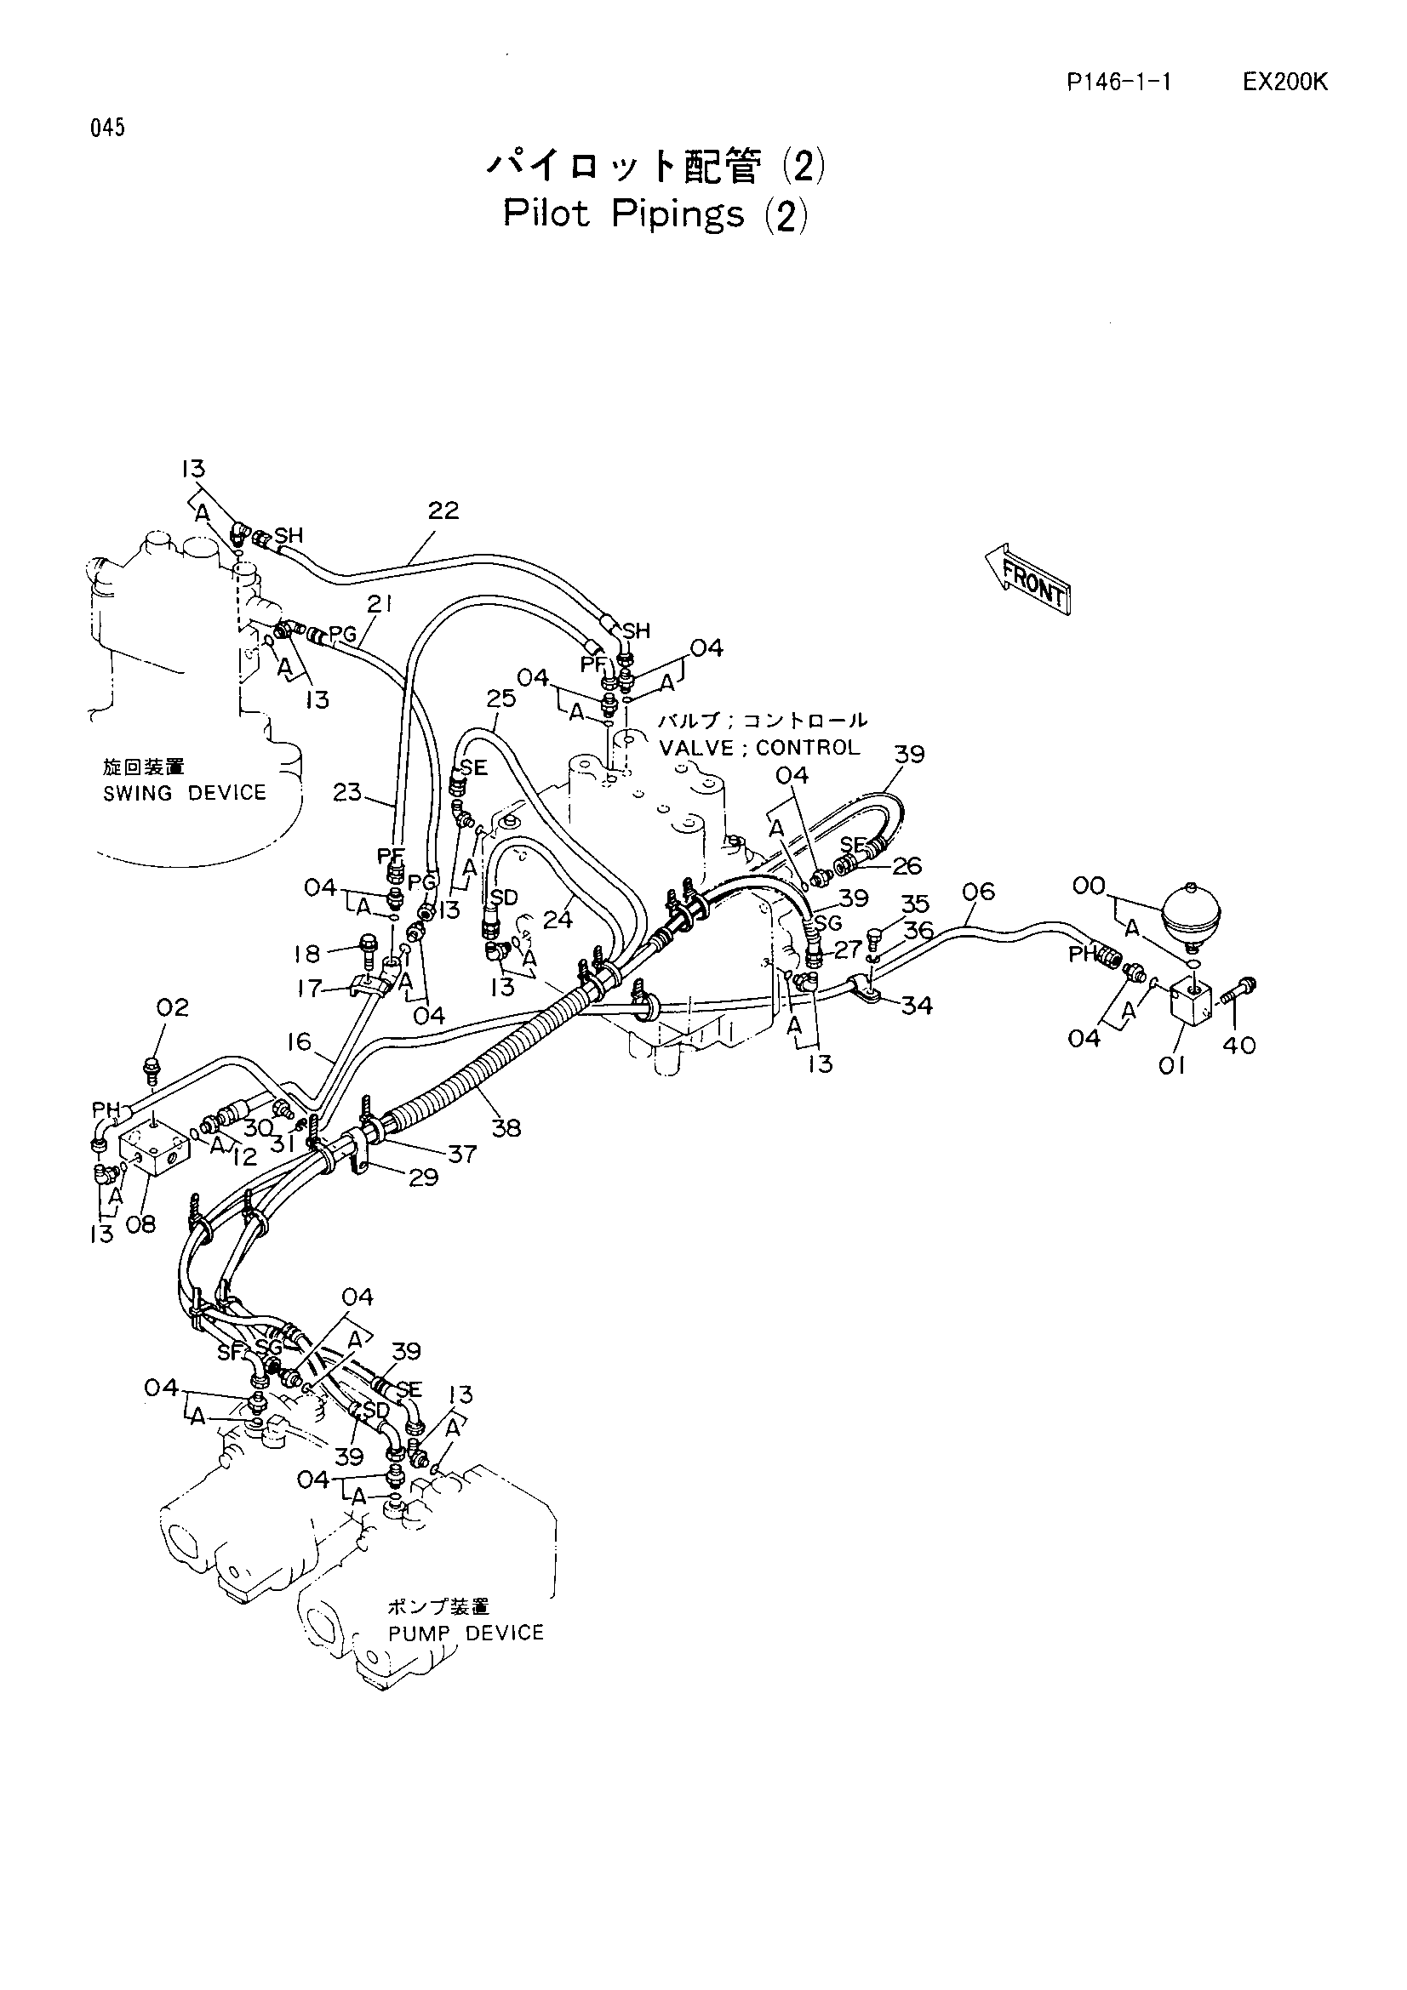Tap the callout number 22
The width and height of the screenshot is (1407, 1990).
click(443, 510)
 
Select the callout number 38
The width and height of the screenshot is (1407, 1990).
click(506, 1127)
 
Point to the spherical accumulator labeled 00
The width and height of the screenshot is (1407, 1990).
click(1192, 912)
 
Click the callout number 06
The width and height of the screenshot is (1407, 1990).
click(978, 891)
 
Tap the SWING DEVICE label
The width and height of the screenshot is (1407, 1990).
click(185, 793)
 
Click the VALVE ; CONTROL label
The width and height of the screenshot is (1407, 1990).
click(759, 747)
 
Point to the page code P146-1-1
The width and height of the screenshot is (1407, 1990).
click(1119, 83)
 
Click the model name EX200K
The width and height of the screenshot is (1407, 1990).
click(1284, 83)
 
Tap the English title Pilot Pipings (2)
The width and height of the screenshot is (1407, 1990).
click(655, 214)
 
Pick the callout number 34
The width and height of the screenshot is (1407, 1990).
click(917, 1006)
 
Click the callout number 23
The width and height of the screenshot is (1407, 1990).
click(347, 791)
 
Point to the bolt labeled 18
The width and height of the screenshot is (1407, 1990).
click(368, 950)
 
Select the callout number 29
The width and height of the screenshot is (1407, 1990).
click(423, 1177)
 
